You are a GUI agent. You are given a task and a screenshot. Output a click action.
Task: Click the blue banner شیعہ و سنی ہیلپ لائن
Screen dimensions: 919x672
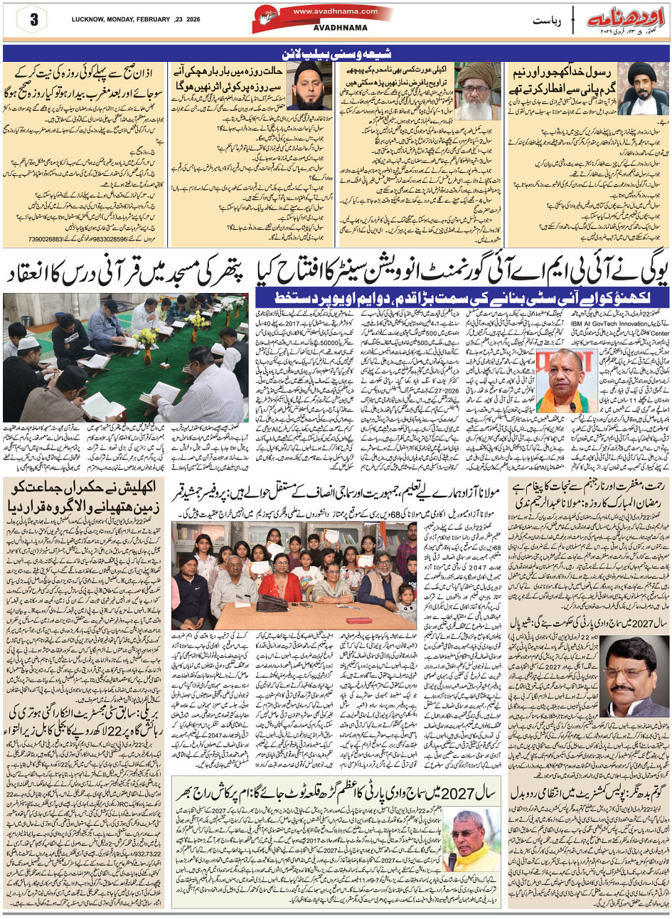point(336,53)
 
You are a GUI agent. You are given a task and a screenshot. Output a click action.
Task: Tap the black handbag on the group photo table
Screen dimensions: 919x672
point(270,602)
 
